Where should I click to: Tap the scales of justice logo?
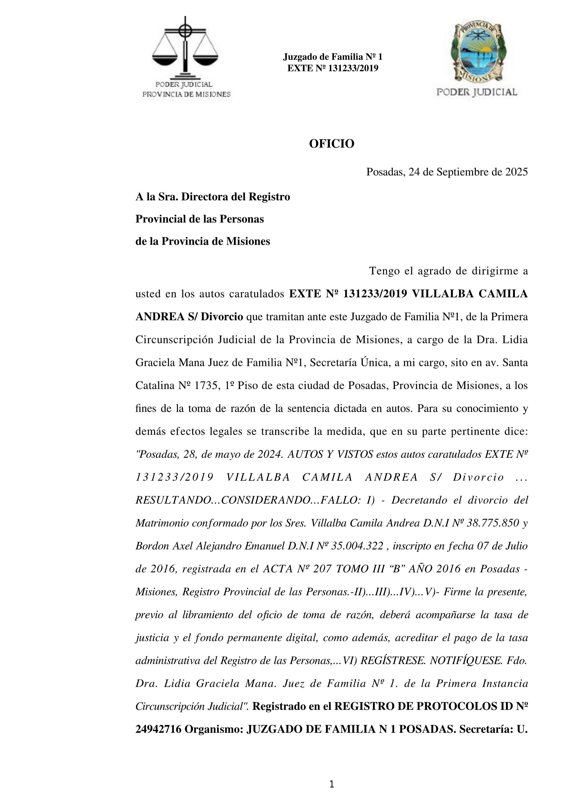pos(185,47)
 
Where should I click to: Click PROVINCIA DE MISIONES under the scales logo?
pos(186,94)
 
